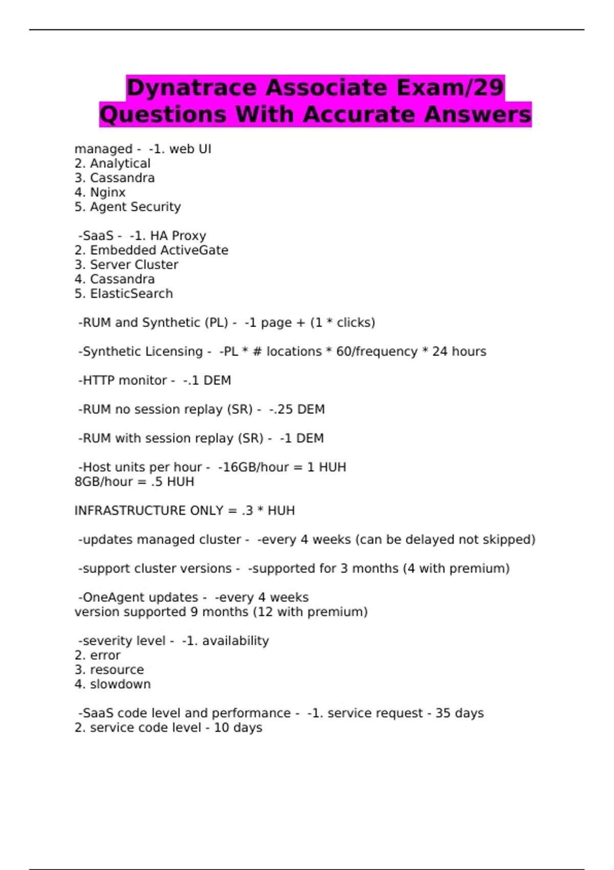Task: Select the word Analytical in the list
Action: coord(120,163)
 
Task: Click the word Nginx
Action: coord(107,192)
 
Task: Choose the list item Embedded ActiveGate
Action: coord(159,250)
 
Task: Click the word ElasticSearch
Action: coord(131,294)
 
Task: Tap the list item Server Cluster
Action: coord(134,265)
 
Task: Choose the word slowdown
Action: coord(120,684)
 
